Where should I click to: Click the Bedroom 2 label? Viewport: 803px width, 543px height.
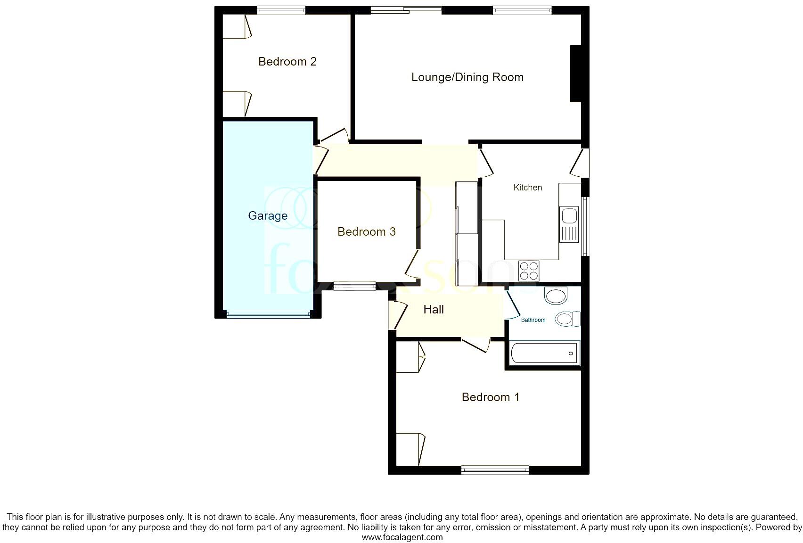pyautogui.click(x=287, y=62)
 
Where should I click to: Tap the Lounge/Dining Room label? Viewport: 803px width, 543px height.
pyautogui.click(x=467, y=77)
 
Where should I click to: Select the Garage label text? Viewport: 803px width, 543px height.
pyautogui.click(x=268, y=216)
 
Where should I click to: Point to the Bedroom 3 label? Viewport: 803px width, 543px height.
pyautogui.click(x=367, y=232)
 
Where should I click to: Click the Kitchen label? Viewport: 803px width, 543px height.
pyautogui.click(x=527, y=188)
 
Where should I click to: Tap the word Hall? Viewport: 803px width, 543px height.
pyautogui.click(x=434, y=310)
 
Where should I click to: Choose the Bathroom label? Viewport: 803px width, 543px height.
pyautogui.click(x=533, y=320)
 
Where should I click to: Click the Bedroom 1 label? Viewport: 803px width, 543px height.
pyautogui.click(x=491, y=397)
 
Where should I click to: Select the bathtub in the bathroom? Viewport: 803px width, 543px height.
pyautogui.click(x=544, y=353)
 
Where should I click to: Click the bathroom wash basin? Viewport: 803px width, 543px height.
pyautogui.click(x=556, y=296)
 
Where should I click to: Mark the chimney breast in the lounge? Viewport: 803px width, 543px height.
pyautogui.click(x=575, y=73)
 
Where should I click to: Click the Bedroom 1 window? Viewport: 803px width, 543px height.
pyautogui.click(x=495, y=469)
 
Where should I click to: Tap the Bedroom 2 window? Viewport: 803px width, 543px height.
pyautogui.click(x=281, y=10)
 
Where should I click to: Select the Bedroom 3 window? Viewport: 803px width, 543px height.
pyautogui.click(x=355, y=286)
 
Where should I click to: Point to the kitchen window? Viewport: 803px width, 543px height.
pyautogui.click(x=585, y=226)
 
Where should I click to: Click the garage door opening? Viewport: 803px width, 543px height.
pyautogui.click(x=268, y=314)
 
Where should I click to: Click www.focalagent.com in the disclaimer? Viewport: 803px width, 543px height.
pyautogui.click(x=402, y=537)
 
